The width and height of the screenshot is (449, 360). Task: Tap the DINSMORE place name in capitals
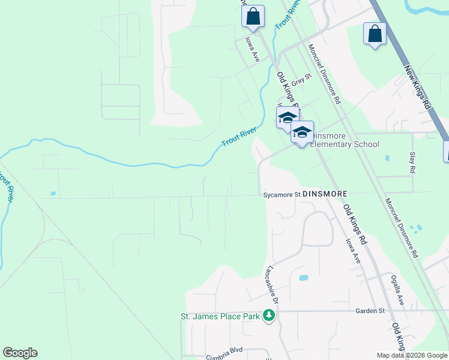click(325, 194)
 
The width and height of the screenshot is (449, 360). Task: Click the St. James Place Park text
click(220, 316)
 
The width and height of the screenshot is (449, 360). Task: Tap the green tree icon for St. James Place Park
click(270, 316)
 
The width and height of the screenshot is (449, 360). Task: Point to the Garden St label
click(369, 311)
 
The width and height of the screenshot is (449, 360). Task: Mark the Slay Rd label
click(412, 162)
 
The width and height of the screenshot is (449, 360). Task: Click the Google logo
click(20, 353)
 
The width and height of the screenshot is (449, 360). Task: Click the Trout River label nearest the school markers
click(239, 136)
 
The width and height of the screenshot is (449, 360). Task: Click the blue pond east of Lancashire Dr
click(303, 278)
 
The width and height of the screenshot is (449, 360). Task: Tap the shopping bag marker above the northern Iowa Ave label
click(253, 16)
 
